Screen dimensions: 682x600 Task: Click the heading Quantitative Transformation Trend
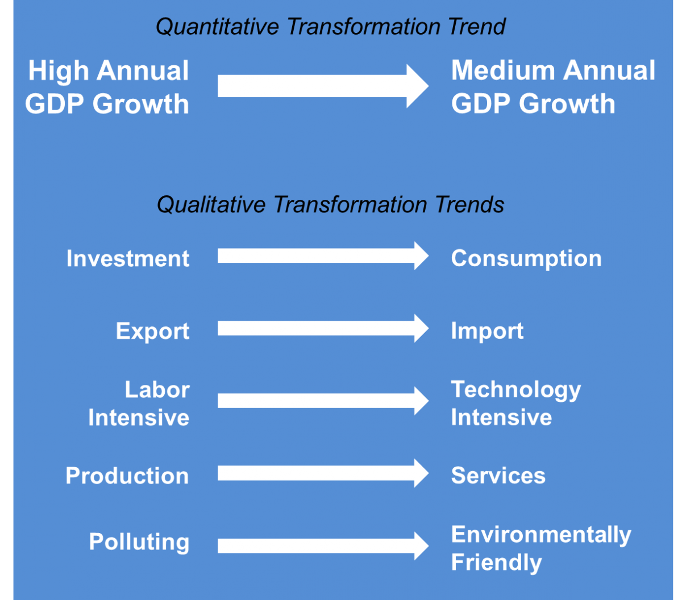coord(330,27)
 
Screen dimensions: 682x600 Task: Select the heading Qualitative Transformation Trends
coord(330,205)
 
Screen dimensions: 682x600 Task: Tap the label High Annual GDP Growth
coord(107,87)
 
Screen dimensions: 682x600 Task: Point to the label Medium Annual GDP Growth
coord(553,87)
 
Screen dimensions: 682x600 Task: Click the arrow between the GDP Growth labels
coord(323,86)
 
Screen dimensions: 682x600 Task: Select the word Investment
coord(128,259)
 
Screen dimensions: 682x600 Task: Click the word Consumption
coord(526,259)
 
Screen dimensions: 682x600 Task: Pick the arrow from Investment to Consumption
coord(323,255)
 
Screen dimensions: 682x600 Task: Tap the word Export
coord(152,332)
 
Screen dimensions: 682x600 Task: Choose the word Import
coord(487,332)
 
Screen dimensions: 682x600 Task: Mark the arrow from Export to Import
coord(323,328)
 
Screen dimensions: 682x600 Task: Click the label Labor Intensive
coord(139,404)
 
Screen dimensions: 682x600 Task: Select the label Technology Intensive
coord(515,404)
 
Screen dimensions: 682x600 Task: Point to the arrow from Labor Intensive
coord(323,401)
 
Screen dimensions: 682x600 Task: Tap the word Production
coord(127,476)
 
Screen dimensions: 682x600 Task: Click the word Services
coord(498,476)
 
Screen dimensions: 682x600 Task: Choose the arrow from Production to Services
coord(323,473)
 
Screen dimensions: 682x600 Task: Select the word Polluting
coord(139,543)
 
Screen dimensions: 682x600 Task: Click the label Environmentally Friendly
coord(541,548)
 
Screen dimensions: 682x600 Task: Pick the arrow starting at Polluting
coord(323,546)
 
